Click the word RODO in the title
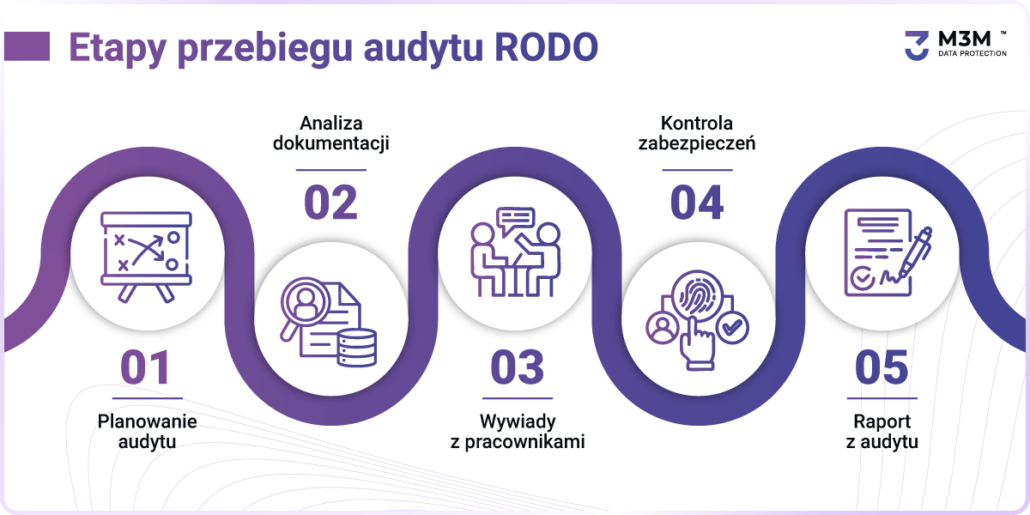[546, 47]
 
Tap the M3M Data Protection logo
[955, 45]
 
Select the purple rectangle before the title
[27, 46]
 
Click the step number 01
[146, 367]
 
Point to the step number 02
[330, 203]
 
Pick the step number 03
[518, 367]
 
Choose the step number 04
[697, 203]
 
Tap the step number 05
[882, 367]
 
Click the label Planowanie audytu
[147, 431]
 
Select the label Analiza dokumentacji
[331, 133]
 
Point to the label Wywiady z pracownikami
[518, 431]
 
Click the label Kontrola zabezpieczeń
[697, 133]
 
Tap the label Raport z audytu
[882, 431]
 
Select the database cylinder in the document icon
[357, 348]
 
